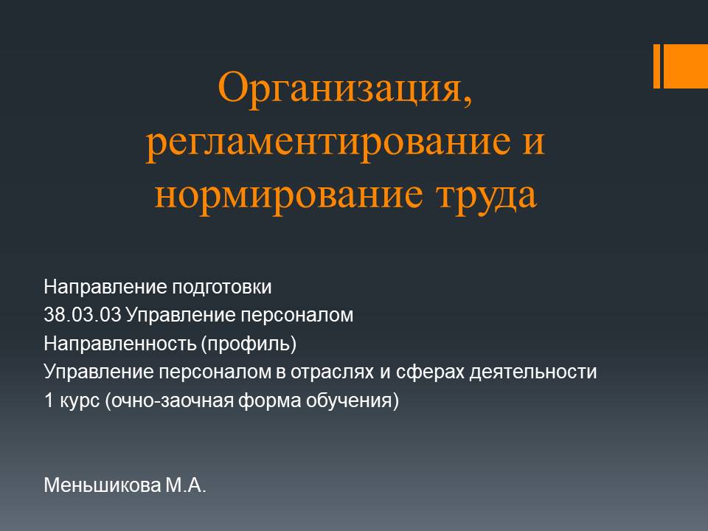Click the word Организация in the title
(341, 89)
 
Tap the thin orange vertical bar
(656, 66)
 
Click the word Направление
(105, 287)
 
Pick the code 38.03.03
(83, 315)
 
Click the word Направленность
(120, 344)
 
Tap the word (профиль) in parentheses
(249, 344)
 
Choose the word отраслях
(332, 372)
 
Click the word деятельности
(533, 372)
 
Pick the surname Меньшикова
(102, 486)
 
